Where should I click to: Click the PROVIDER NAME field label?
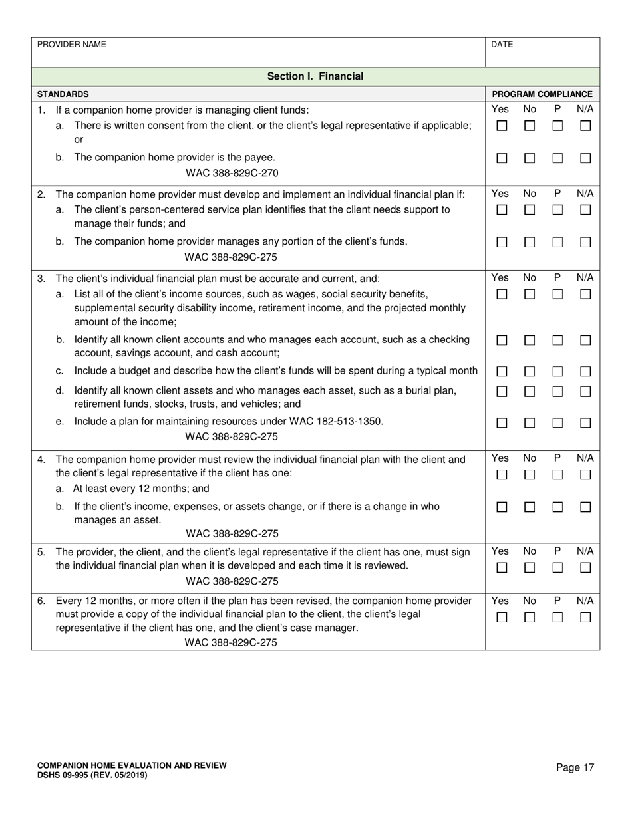[71, 45]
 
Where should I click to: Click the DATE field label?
[502, 45]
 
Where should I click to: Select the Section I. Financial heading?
[315, 76]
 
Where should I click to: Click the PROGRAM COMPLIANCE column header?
[542, 94]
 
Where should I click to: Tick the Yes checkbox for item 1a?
[502, 126]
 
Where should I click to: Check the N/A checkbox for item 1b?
[585, 158]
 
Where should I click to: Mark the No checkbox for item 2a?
[530, 210]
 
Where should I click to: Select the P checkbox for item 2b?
[557, 243]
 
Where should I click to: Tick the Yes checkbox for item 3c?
[502, 372]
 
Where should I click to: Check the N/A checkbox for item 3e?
[585, 423]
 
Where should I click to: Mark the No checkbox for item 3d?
[530, 392]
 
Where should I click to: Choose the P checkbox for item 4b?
[557, 507]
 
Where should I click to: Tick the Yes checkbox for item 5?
[502, 568]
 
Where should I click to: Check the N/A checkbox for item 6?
[585, 617]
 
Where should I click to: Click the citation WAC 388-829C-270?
[232, 174]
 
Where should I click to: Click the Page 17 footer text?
[575, 768]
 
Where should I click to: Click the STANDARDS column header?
[63, 94]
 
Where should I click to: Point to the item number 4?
[41, 459]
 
